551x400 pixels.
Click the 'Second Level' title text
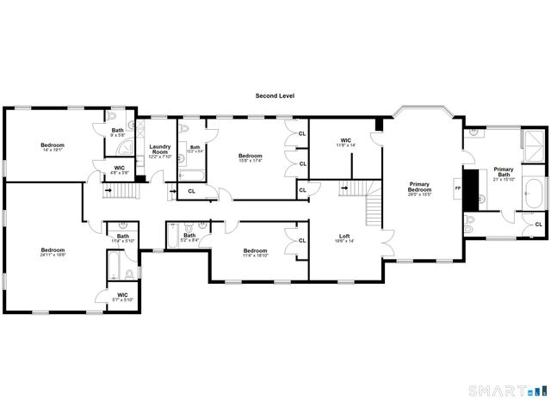275,95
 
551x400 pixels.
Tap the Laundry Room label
160,149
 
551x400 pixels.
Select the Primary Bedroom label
419,187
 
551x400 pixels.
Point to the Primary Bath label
503,172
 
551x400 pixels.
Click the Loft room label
344,237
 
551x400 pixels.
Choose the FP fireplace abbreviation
458,188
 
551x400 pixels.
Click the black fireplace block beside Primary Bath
471,190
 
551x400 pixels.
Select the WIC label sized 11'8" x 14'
346,142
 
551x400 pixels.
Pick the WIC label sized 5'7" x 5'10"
122,297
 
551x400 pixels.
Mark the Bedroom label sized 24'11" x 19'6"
53,252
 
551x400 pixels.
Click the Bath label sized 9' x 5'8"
117,132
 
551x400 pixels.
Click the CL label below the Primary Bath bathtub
538,225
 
